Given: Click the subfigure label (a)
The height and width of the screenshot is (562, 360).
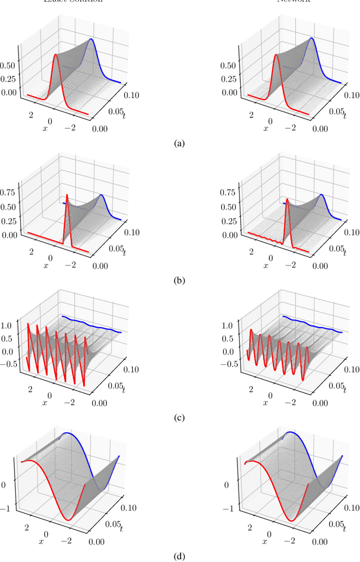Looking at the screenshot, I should pos(179,144).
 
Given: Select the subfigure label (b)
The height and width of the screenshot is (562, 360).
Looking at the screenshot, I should pos(179,280).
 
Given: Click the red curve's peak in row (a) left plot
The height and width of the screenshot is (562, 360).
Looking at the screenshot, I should pos(56,55).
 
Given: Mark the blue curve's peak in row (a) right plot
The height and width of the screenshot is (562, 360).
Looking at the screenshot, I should pos(310,39).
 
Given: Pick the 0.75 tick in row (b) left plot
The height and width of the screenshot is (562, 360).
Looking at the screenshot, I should pos(11,192).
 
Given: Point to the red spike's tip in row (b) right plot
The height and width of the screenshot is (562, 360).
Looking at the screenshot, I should pos(287,199).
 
